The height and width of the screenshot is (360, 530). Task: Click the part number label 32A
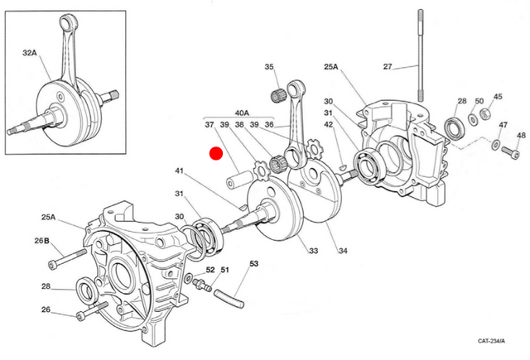30,52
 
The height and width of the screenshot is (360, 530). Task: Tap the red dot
216,153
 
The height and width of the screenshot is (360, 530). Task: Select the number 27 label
388,66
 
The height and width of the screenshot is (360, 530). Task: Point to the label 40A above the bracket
242,113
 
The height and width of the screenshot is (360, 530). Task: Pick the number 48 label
520,135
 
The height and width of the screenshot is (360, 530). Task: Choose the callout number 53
253,264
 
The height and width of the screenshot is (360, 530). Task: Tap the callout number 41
179,171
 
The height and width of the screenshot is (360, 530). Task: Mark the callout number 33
312,252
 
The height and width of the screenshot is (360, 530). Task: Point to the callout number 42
329,125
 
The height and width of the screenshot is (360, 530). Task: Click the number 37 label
209,125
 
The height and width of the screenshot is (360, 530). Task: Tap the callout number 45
498,97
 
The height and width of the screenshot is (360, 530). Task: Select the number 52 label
210,270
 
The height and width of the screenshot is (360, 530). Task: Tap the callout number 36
268,125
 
